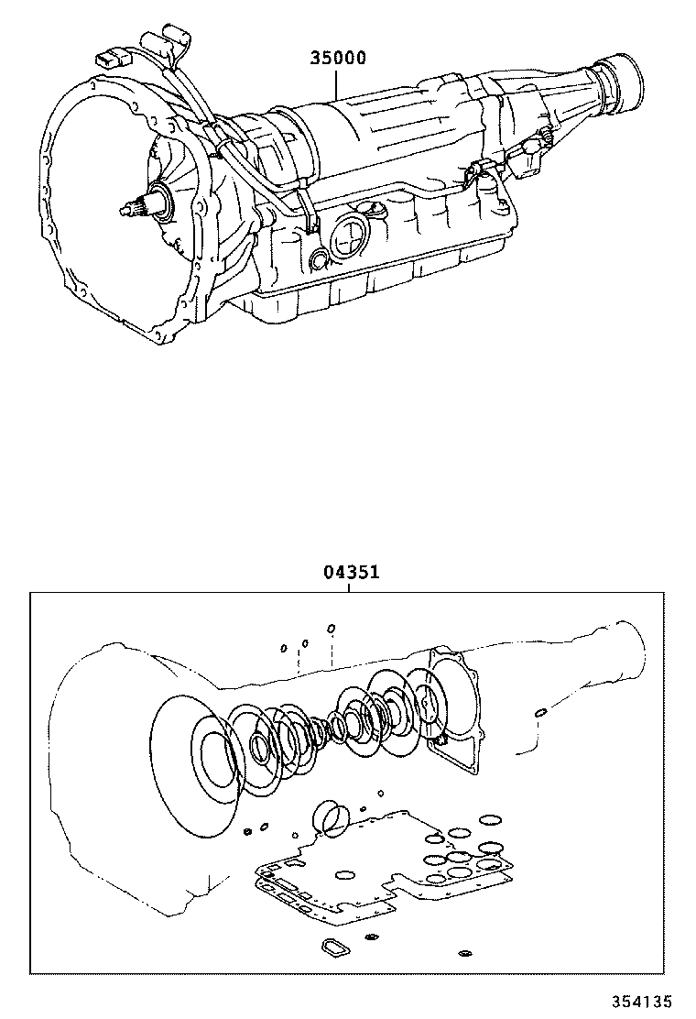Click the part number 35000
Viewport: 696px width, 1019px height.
tap(337, 60)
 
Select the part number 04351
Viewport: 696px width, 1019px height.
tap(351, 573)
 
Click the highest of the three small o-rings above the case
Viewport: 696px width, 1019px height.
tap(332, 629)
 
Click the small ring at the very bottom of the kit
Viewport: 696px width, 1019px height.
tap(464, 955)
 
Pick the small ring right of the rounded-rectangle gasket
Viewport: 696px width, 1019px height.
tap(371, 937)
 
